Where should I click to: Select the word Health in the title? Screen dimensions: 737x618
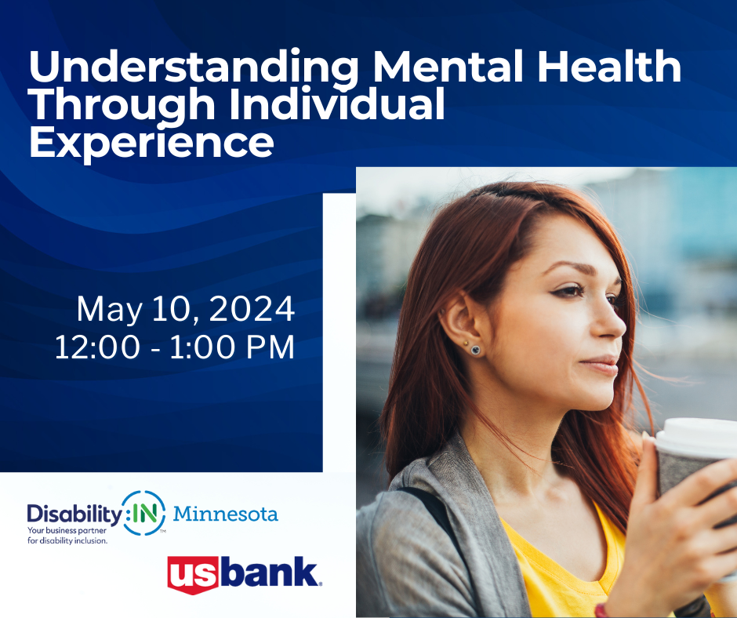tap(608, 66)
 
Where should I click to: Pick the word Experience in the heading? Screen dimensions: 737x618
tap(151, 144)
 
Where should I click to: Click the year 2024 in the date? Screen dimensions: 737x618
tap(252, 309)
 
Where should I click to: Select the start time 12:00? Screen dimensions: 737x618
tap(97, 347)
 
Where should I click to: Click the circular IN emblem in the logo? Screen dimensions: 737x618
tap(144, 513)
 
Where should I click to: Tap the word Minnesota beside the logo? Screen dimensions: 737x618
tap(226, 514)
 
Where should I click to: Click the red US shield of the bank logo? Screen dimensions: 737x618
tap(193, 575)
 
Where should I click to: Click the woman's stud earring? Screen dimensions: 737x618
tap(475, 350)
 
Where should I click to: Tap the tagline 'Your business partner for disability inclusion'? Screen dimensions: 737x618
tap(67, 536)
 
